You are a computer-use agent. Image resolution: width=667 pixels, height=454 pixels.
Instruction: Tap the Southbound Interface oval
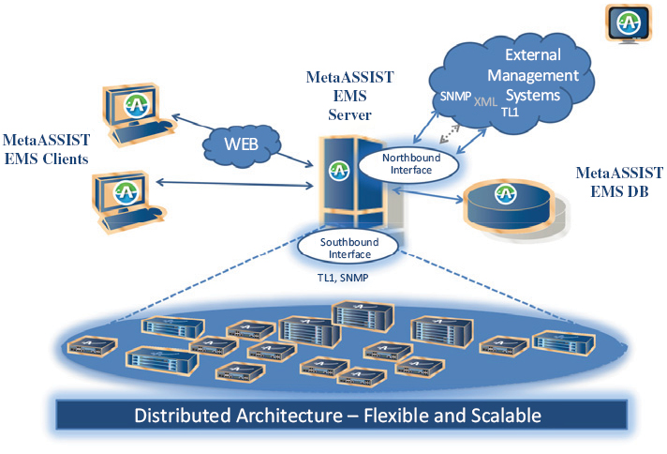348,247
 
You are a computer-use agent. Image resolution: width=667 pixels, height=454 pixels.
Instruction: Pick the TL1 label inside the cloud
511,112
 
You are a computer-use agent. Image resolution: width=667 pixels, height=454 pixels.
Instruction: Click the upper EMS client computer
136,110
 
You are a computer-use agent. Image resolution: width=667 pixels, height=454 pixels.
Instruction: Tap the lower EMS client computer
129,194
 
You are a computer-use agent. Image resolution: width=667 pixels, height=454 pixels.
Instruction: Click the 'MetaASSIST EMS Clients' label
45,148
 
